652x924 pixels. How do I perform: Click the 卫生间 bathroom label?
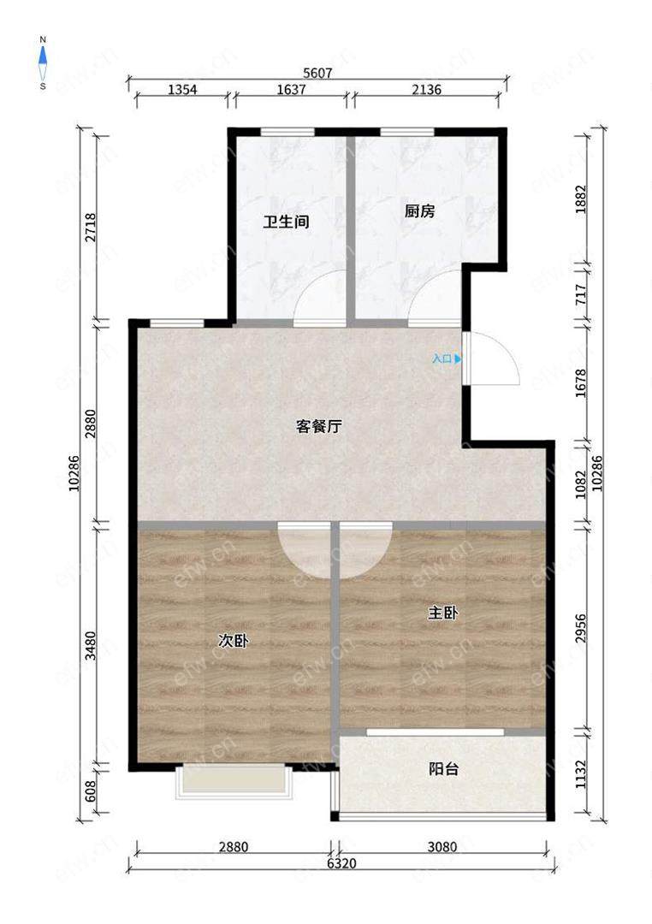coord(286,222)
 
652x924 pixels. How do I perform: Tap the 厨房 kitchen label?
coord(420,210)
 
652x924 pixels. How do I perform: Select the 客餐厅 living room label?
coord(319,426)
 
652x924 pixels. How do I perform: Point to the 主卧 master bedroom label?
coord(442,613)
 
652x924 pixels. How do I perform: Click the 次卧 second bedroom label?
coord(233,641)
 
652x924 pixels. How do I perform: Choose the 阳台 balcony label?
coord(443,769)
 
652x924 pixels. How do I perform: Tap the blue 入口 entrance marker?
coord(447,358)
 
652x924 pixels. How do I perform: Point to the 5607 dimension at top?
coord(317,73)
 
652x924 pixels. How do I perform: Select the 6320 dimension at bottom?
coord(341,863)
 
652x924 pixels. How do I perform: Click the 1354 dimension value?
coord(183,90)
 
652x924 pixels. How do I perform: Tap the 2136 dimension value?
coord(426,90)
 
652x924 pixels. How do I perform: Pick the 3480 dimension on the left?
coord(90,645)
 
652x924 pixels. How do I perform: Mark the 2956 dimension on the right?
coord(581,629)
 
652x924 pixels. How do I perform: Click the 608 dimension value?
coord(90,788)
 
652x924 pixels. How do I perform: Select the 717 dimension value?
coord(581,294)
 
